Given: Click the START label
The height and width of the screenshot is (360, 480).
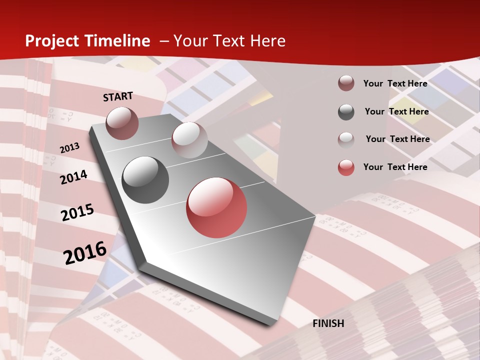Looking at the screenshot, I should (x=118, y=96).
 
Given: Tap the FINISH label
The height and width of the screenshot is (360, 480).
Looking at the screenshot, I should (x=328, y=323).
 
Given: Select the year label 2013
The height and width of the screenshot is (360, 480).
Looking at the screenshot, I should (x=70, y=148).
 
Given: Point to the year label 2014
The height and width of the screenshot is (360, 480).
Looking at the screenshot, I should (x=74, y=177).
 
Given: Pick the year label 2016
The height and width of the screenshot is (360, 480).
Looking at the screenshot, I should (x=85, y=252).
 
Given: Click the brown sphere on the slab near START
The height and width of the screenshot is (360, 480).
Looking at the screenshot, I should (x=122, y=123).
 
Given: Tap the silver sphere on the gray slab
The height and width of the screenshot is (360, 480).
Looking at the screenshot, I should (x=189, y=140).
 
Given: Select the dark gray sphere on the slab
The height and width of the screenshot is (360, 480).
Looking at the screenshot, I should (x=145, y=179).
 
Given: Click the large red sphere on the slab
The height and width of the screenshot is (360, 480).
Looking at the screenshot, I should (x=216, y=207).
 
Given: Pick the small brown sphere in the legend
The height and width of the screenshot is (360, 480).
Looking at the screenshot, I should (x=346, y=83).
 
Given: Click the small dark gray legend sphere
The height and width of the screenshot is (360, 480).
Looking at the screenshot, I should (x=346, y=112).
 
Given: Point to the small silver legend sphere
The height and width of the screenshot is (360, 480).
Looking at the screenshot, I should (x=346, y=139).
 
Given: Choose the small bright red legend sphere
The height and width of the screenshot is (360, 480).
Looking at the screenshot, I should (x=346, y=167).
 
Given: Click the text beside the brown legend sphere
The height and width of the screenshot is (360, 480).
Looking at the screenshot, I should (x=395, y=83).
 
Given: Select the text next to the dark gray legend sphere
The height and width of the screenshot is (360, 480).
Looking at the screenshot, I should (x=397, y=111).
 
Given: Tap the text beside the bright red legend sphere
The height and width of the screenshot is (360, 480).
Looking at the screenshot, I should (x=395, y=167).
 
